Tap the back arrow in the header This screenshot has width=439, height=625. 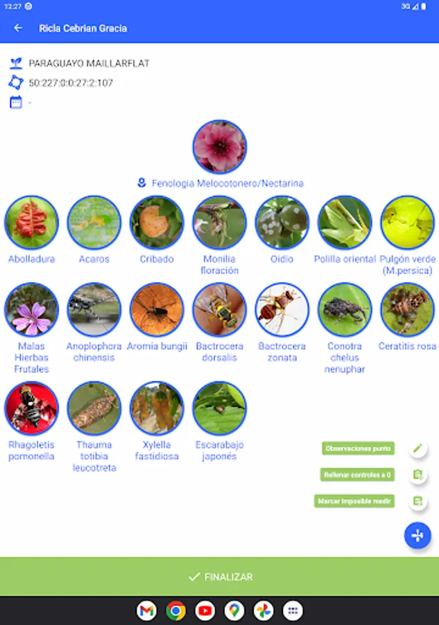coord(18,28)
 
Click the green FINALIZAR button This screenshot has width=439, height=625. coord(219,576)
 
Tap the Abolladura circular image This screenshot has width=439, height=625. coord(31,222)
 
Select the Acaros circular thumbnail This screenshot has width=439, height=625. coord(94,222)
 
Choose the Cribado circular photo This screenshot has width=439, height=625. coord(157,222)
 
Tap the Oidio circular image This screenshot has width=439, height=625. coord(282,222)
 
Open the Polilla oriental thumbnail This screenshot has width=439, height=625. coord(345,222)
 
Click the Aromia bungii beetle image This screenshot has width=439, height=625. coord(157,310)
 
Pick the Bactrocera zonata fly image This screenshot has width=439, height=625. coord(282,310)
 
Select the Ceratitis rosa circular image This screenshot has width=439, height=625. coord(407,310)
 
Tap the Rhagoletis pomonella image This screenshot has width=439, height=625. coord(31,408)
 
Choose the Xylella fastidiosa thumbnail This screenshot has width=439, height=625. coord(157,408)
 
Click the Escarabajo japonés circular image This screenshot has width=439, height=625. coord(219,408)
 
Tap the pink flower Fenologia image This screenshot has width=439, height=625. coord(219,147)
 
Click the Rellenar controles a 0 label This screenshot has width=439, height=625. coord(358,475)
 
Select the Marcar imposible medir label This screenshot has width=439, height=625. coord(354,501)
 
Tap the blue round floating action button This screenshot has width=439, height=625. coord(418,535)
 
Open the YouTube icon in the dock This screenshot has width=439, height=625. coord(205,610)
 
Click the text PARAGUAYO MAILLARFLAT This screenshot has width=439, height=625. coord(89,63)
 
